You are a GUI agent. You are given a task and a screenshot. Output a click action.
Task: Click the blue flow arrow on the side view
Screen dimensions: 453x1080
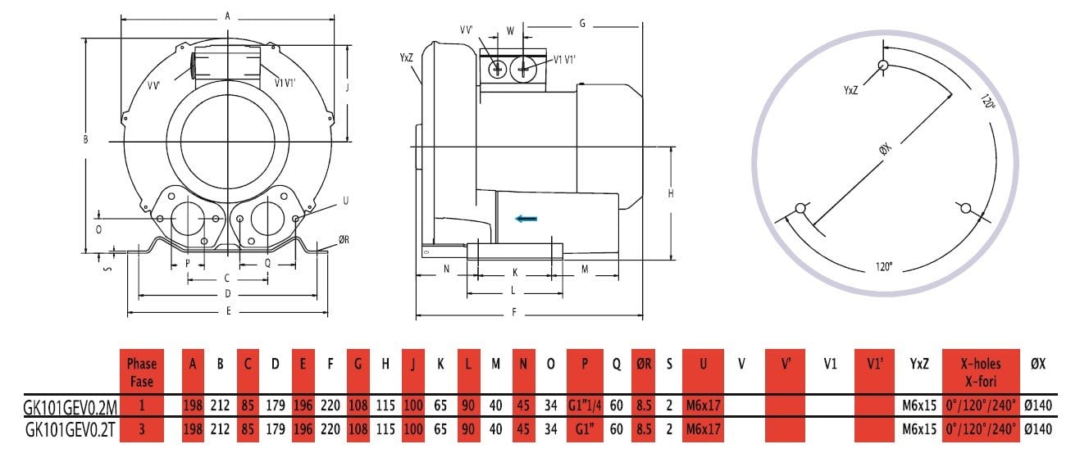coord(526,218)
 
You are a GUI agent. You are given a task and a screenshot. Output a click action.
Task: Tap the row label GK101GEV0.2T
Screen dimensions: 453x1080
coord(71,428)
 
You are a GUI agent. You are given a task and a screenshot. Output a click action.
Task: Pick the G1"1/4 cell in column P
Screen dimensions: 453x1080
coord(584,405)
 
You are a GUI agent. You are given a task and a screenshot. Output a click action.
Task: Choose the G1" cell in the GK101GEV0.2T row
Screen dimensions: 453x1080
coord(584,428)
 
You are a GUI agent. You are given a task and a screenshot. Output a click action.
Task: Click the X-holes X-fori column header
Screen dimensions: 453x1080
coord(981,369)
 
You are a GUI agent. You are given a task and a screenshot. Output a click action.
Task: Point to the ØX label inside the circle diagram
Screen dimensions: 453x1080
coord(888,153)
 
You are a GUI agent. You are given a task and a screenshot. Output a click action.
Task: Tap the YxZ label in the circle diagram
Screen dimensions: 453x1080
coord(850,90)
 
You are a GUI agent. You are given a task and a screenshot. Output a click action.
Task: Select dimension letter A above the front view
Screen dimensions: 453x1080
coord(227,16)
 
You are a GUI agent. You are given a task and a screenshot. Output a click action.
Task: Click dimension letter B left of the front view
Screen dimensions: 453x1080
coord(85,140)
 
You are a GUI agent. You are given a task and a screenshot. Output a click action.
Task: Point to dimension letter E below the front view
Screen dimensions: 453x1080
coord(228,311)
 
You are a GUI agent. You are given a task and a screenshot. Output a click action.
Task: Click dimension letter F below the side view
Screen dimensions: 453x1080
coord(514,312)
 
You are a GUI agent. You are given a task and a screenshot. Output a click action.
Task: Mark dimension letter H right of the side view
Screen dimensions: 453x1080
coord(670,193)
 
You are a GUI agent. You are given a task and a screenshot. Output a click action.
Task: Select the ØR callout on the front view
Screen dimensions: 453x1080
coord(344,240)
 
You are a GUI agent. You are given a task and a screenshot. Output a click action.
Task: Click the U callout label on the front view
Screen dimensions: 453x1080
coord(344,201)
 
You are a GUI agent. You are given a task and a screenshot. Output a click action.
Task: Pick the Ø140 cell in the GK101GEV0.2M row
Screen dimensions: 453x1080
coord(1037,405)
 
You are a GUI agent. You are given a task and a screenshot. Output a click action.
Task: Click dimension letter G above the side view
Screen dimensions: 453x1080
coord(581,24)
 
